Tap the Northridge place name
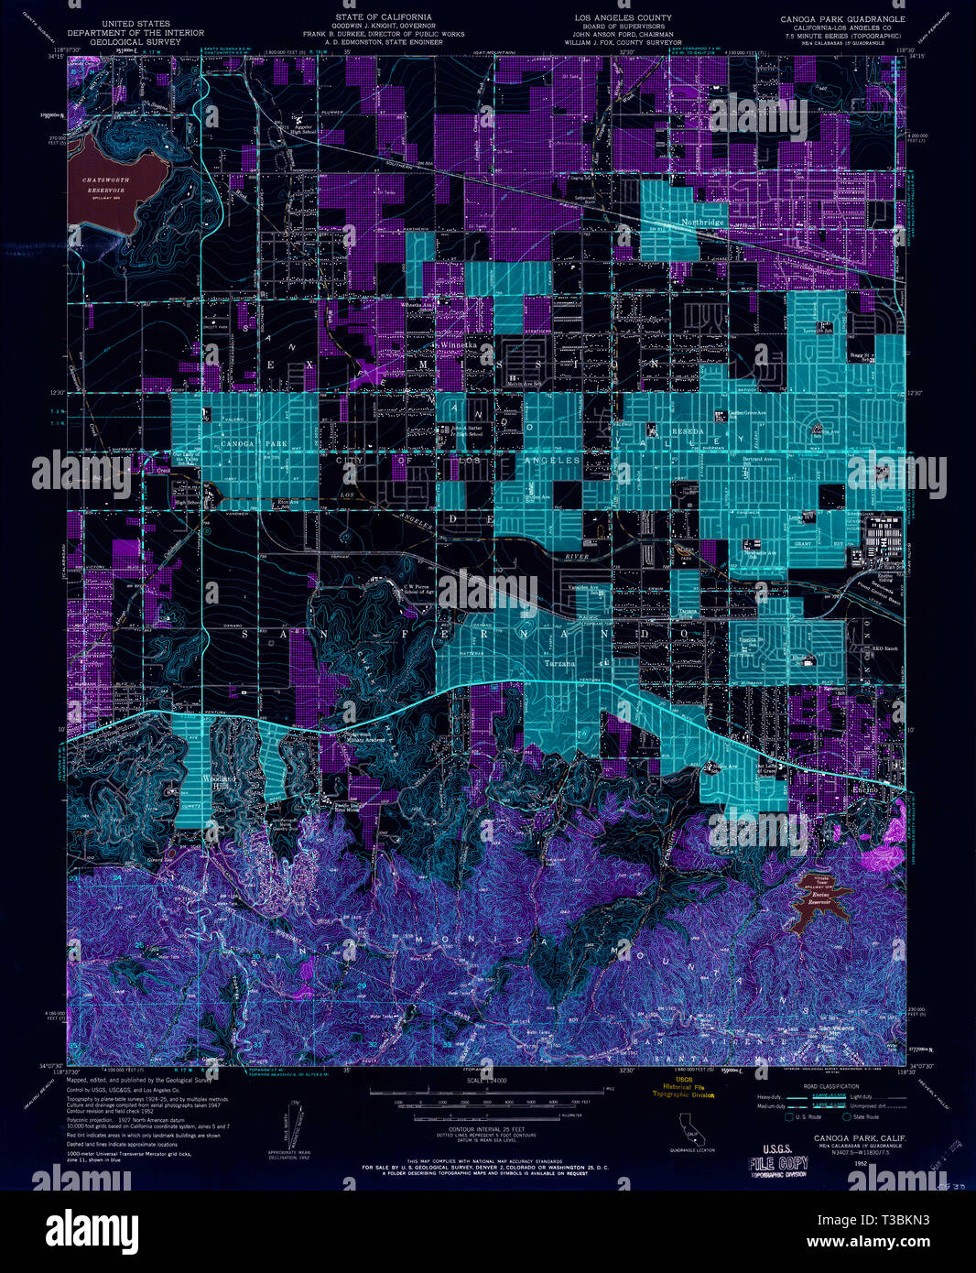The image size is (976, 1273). click(x=702, y=223)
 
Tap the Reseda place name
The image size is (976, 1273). click(x=689, y=431)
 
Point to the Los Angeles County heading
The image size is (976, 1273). click(x=623, y=17)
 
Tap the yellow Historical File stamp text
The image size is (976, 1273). click(x=683, y=1087)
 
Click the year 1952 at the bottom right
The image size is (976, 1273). click(x=857, y=1161)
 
